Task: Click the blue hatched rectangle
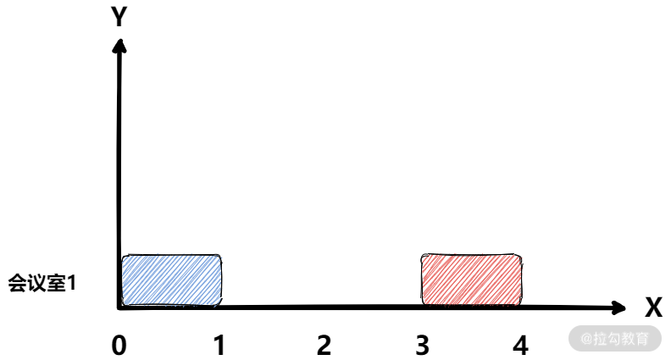click(172, 280)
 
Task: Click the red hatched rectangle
click(472, 280)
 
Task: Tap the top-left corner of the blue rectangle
click(125, 258)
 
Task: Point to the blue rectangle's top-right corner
click(219, 258)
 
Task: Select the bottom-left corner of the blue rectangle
click(125, 302)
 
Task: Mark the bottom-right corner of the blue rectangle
click(219, 302)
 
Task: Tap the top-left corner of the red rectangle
click(424, 257)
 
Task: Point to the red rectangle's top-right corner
click(519, 257)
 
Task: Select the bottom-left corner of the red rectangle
click(424, 302)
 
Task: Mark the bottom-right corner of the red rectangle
click(519, 302)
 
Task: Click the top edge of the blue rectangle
click(172, 257)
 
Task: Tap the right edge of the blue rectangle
click(220, 280)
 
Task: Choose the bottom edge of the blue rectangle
click(172, 303)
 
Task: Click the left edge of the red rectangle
click(424, 280)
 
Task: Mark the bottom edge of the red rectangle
click(472, 303)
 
